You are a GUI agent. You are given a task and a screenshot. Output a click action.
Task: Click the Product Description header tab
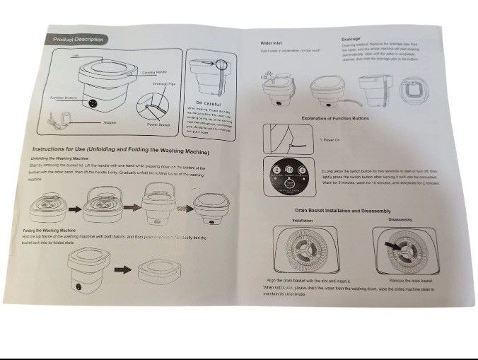[x=78, y=40]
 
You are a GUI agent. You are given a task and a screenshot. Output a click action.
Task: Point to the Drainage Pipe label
[x=163, y=83]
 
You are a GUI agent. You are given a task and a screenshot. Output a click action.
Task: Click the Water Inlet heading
[x=272, y=43]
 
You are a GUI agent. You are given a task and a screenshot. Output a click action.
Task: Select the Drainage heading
[x=351, y=39]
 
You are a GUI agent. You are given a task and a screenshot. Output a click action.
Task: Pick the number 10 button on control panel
[x=289, y=170]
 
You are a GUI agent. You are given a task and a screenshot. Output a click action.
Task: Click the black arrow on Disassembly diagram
[x=389, y=244]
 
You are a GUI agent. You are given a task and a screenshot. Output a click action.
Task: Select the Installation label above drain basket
[x=303, y=221]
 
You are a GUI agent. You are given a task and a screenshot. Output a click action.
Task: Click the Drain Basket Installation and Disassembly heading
[x=342, y=211]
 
